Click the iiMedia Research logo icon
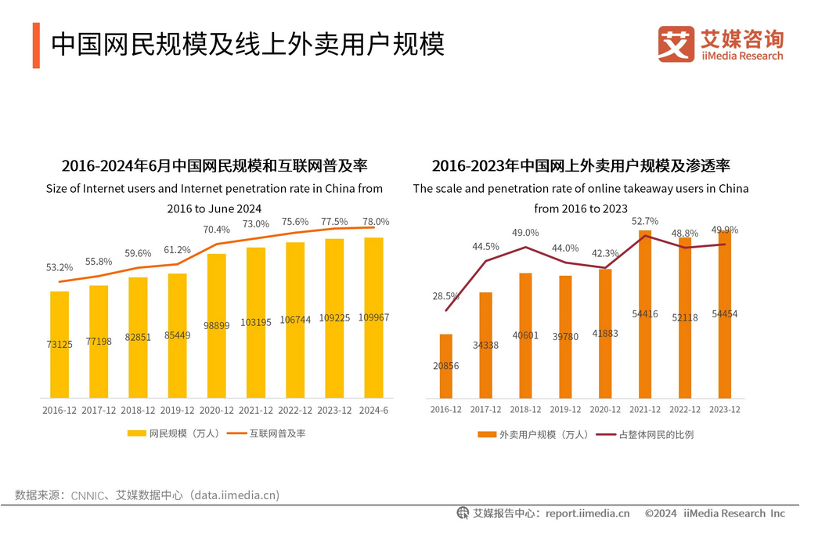[x=676, y=43]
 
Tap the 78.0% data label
[x=375, y=222]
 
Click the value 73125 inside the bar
[x=59, y=344]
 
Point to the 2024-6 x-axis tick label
[x=373, y=411]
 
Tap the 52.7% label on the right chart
[x=644, y=221]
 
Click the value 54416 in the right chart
[x=644, y=313]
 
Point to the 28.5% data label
[x=445, y=296]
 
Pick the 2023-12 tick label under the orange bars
[x=724, y=410]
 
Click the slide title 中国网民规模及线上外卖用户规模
[x=248, y=45]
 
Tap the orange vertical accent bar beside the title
[x=36, y=45]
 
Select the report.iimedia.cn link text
[x=587, y=514]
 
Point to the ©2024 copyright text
[x=660, y=514]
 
